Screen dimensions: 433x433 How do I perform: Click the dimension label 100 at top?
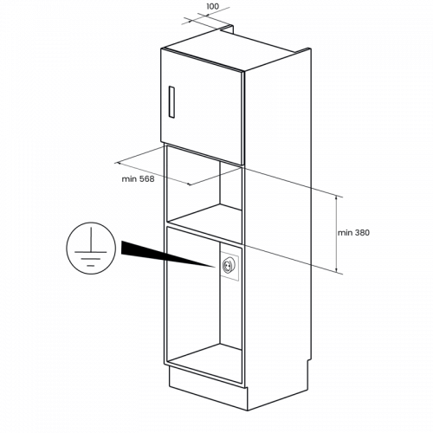coord(213,6)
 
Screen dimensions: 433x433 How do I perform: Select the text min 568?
coord(138,179)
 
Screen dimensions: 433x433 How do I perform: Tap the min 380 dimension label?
coord(353,233)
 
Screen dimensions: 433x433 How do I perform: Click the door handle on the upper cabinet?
coord(171,101)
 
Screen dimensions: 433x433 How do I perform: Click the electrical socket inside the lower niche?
coord(228,266)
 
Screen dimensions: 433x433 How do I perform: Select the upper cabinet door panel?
coord(202,107)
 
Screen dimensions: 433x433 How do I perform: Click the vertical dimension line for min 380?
coord(336,234)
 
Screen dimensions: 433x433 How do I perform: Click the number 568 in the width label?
coord(147,179)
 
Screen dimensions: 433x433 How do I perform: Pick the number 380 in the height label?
coord(362,233)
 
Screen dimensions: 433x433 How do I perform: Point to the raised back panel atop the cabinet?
coord(227,28)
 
